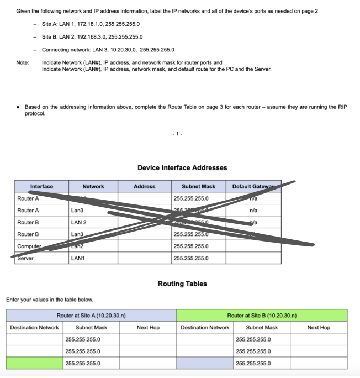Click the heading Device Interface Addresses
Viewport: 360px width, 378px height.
coord(182,167)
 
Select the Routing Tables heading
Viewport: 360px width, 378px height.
coord(182,283)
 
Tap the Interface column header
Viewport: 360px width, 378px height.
coord(41,186)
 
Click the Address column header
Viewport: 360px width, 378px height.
coord(145,186)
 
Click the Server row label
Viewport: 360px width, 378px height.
coord(25,258)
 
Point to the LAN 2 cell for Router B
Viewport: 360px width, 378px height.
coord(79,222)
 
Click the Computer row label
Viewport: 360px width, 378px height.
coord(29,246)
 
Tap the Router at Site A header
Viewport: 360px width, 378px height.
coord(91,316)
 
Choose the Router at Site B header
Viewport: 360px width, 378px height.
coord(262,316)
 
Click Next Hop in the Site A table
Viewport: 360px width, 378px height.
coord(148,328)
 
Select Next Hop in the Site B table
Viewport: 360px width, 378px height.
coord(319,328)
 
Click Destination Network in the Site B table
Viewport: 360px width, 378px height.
coord(205,328)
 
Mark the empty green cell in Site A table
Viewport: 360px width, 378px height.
coord(34,363)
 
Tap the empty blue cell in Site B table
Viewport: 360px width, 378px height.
coord(205,363)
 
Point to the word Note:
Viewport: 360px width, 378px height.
coord(23,62)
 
